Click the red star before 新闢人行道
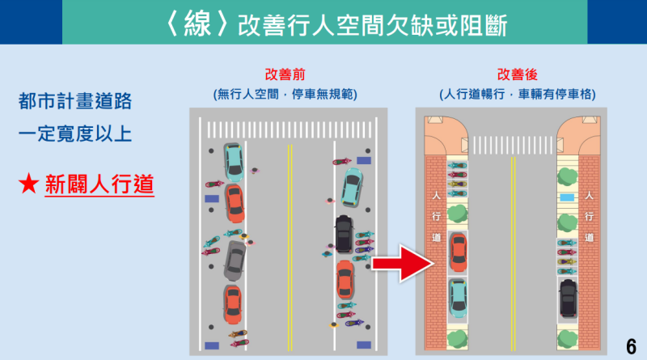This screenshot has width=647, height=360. [27, 184]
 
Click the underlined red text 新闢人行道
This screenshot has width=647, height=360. [99, 184]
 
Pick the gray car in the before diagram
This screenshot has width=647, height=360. [235, 257]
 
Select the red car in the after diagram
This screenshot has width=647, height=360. [458, 252]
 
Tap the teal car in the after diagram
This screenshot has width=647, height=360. [458, 297]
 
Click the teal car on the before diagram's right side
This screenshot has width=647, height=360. [353, 188]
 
